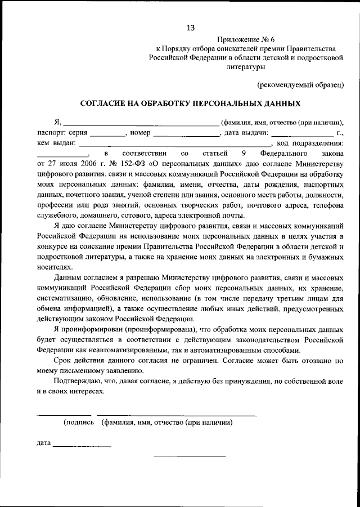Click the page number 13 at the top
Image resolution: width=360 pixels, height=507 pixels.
pos(191,27)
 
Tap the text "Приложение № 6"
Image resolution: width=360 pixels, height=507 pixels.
pos(244,39)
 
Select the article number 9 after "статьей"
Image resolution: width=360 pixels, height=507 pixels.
pos(244,153)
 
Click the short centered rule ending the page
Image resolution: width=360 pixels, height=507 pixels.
pos(190,456)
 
